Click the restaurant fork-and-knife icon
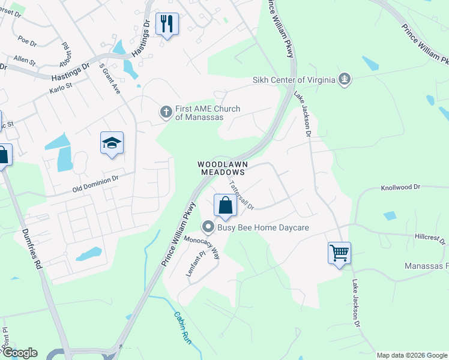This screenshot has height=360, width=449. pyautogui.click(x=166, y=24)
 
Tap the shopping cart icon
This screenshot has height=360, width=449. pyautogui.click(x=339, y=252)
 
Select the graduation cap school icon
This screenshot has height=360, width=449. pyautogui.click(x=112, y=143)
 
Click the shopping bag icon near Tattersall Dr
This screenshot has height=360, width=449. pyautogui.click(x=224, y=205)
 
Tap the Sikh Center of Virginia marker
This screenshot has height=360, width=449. pyautogui.click(x=345, y=79)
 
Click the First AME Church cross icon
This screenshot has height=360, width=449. pyautogui.click(x=166, y=112)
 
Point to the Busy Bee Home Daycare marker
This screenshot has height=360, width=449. pyautogui.click(x=208, y=227)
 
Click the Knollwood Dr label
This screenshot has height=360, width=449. pyautogui.click(x=402, y=188)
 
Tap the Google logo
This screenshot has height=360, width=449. pyautogui.click(x=19, y=353)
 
